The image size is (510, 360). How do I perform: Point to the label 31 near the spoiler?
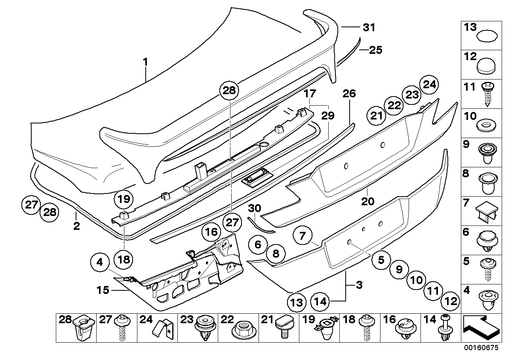click(369, 27)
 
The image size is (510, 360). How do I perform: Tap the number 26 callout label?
click(349, 94)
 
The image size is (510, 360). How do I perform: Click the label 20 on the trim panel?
click(367, 201)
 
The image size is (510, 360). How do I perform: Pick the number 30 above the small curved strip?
click(256, 208)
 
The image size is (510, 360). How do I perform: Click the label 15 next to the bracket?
click(102, 291)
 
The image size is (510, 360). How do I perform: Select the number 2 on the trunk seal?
click(76, 226)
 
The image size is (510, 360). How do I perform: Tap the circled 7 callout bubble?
click(303, 236)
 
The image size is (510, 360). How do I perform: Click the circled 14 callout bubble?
click(320, 301)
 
